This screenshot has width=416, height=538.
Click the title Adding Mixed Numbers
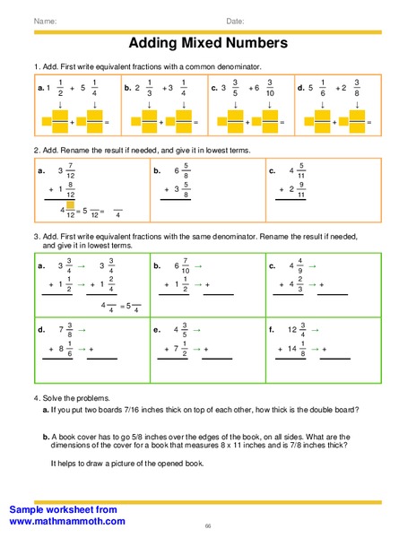[x=208, y=42]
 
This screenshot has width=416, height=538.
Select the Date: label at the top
[x=235, y=21]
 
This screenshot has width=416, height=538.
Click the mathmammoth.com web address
[x=68, y=521]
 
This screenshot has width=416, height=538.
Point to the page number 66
[x=208, y=525]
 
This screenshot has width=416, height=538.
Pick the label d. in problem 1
[x=300, y=89]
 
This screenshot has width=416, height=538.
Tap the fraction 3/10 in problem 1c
[x=269, y=89]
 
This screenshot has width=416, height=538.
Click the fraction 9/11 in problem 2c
[x=301, y=189]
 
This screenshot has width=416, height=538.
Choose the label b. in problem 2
[x=156, y=169]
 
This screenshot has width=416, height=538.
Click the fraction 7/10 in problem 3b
[x=185, y=265]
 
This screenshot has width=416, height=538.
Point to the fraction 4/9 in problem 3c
[x=299, y=265]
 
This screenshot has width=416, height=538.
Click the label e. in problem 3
[x=156, y=329]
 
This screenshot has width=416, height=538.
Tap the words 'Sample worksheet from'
[x=63, y=508]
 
